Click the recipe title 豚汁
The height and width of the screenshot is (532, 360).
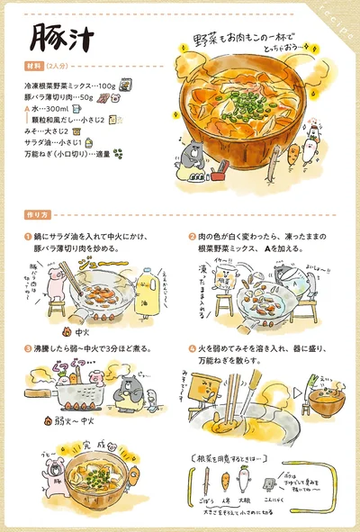point(56,38)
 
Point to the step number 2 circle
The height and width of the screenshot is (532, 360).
point(192,236)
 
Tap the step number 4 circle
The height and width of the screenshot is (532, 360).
point(192,347)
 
